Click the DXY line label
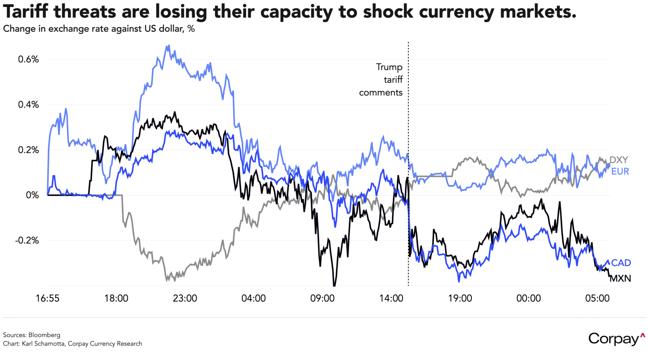tap(619, 160)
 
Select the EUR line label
tap(620, 171)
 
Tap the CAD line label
tap(621, 262)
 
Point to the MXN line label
tap(620, 278)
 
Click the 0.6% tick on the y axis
tap(28, 59)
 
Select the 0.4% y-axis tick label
tap(28, 105)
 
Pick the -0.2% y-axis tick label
tap(27, 240)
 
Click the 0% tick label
tap(32, 195)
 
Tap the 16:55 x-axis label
tap(48, 298)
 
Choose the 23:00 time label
tap(185, 298)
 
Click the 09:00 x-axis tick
tap(322, 298)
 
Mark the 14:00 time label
tap(391, 298)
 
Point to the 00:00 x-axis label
tap(529, 298)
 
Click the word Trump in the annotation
tap(389, 67)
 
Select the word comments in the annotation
tap(381, 93)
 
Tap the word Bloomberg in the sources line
tap(44, 335)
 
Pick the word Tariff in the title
tap(25, 12)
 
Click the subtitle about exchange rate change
tap(99, 29)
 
